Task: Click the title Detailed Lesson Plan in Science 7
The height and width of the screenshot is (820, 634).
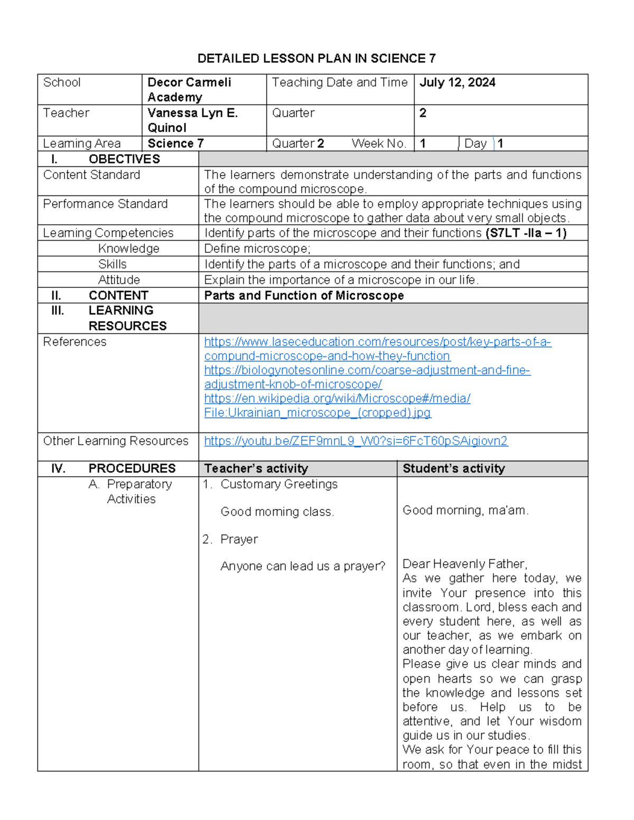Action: point(316,58)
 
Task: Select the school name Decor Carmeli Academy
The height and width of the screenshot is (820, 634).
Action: point(189,89)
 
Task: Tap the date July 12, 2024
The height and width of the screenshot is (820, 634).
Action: point(458,82)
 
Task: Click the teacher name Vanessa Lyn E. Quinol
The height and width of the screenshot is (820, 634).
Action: point(192,120)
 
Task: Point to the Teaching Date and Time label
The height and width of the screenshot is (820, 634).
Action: point(340,82)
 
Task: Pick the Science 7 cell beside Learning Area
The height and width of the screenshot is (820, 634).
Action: point(175,144)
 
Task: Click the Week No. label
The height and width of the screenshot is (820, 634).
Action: point(379,144)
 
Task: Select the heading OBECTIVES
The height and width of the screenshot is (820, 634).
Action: point(124,159)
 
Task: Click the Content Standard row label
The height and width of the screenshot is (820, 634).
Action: point(91,175)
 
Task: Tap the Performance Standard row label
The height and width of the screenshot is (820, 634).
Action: point(105,204)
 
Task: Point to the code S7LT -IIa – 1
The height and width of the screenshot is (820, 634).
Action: point(526,233)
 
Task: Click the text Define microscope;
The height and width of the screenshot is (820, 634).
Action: point(257,249)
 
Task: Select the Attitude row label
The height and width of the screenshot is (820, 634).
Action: point(119,280)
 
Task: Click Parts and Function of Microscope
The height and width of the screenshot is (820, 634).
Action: point(304,296)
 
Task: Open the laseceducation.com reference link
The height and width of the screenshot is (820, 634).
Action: point(377,342)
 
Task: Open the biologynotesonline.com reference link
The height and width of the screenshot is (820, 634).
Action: point(367,371)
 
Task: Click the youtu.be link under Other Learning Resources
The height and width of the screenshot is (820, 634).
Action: point(356,441)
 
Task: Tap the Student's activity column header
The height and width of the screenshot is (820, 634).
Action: point(453,468)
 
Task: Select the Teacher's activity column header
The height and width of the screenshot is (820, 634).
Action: point(256,468)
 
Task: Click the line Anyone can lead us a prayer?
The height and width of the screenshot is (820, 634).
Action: point(303,567)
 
